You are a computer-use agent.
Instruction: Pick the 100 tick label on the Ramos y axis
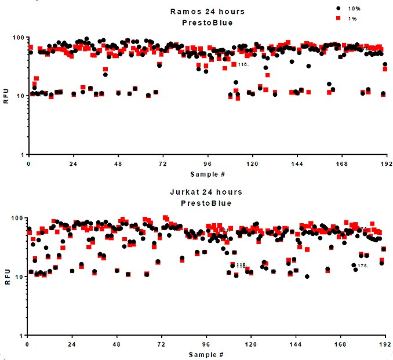click(17, 38)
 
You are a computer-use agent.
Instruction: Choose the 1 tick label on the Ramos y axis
click(21, 155)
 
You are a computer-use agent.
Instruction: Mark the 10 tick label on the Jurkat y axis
click(19, 277)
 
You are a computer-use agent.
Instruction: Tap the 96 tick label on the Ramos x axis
click(207, 164)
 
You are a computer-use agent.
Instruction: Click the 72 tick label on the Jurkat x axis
click(162, 345)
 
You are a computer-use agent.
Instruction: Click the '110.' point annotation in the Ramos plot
click(243, 65)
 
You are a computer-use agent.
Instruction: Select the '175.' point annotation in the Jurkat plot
click(363, 266)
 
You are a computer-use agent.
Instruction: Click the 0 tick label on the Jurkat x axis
click(28, 345)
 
